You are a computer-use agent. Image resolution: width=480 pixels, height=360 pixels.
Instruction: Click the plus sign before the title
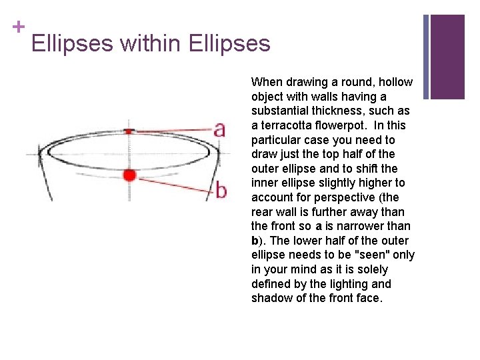point(18,27)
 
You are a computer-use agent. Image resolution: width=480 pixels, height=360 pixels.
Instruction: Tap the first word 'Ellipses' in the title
point(72,44)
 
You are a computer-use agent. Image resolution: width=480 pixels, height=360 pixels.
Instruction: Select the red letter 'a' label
point(219,129)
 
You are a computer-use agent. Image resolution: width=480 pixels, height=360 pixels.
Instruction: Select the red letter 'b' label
point(221,190)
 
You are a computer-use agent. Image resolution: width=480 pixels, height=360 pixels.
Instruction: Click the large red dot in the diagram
point(129,175)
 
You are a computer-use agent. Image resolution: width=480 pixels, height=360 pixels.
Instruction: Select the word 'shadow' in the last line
point(270,298)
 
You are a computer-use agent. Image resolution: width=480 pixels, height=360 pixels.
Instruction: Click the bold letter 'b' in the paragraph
point(255,241)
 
